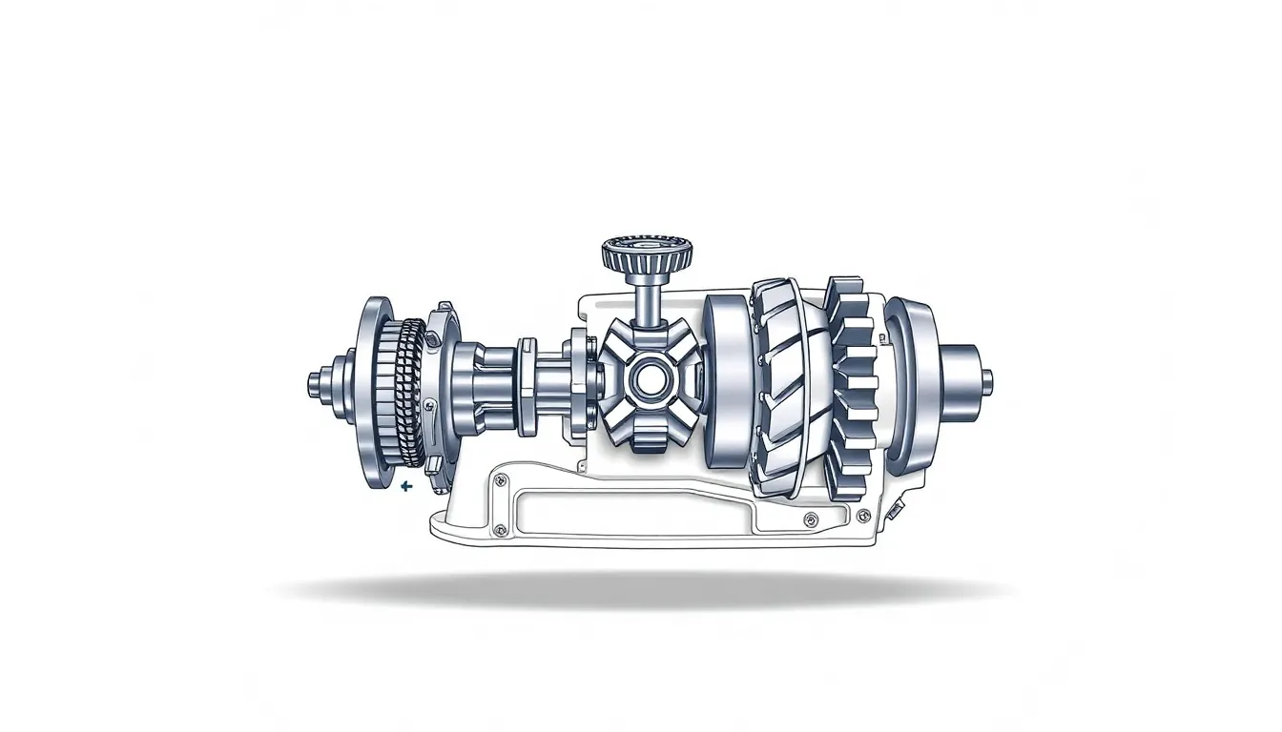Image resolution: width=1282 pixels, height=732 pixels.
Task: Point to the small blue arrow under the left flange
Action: tap(407, 486)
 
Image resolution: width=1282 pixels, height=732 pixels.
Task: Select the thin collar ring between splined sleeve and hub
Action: tap(527, 386)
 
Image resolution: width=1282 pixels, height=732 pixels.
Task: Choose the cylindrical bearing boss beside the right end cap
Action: tap(959, 378)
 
